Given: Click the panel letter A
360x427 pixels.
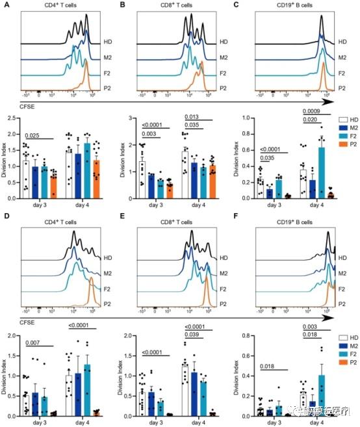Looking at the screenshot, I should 6,5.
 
